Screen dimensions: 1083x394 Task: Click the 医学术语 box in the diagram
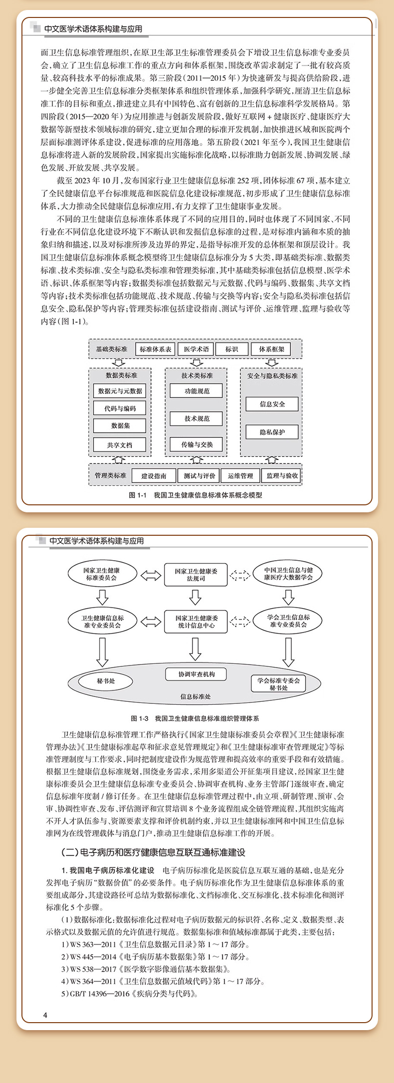tap(197, 349)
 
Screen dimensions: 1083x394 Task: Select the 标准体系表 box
tap(156, 349)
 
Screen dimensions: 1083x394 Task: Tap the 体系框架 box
tap(271, 349)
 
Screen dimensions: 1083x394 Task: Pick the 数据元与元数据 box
tap(120, 391)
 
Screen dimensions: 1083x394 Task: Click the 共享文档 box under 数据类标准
tap(120, 445)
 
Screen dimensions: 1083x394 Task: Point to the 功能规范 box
tap(197, 391)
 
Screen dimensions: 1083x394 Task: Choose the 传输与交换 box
tap(197, 444)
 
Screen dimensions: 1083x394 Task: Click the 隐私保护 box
tap(272, 432)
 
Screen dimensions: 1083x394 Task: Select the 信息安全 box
tap(272, 404)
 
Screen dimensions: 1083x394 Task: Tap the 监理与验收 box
tap(282, 476)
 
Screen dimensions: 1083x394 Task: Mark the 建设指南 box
tap(154, 476)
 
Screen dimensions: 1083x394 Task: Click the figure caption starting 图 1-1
tap(196, 495)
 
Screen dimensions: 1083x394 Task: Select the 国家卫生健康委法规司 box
tap(196, 575)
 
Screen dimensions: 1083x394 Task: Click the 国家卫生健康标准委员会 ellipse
tap(102, 574)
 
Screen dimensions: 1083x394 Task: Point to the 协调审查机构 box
tap(196, 674)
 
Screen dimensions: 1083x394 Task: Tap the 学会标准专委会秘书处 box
tap(279, 684)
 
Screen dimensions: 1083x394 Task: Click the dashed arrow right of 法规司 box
tap(240, 576)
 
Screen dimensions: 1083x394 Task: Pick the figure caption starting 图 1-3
tap(195, 719)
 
